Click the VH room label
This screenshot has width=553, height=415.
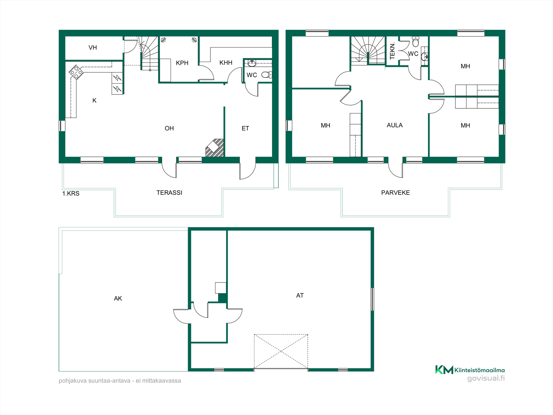point(92,48)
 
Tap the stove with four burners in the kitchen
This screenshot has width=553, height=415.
point(76,72)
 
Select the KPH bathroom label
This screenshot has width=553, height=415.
point(182,63)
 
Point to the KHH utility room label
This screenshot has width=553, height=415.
point(226,63)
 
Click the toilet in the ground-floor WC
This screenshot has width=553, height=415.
point(266,75)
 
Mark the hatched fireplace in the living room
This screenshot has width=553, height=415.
point(215,148)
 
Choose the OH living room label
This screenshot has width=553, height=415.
point(169,128)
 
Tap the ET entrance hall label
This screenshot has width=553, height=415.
point(245,128)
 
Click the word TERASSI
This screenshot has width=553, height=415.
point(169,193)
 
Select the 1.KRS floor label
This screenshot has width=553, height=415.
point(71,193)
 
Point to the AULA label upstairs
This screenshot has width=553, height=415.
point(395,125)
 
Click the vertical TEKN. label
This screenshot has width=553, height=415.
point(392,51)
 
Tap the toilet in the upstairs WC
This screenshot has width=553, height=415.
point(416,41)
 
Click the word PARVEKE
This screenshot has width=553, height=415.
point(395,193)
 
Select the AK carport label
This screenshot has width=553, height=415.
point(118,298)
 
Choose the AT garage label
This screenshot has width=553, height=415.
point(300,295)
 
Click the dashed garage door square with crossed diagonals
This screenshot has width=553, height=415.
point(281,351)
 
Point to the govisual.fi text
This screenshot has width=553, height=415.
point(486,378)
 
